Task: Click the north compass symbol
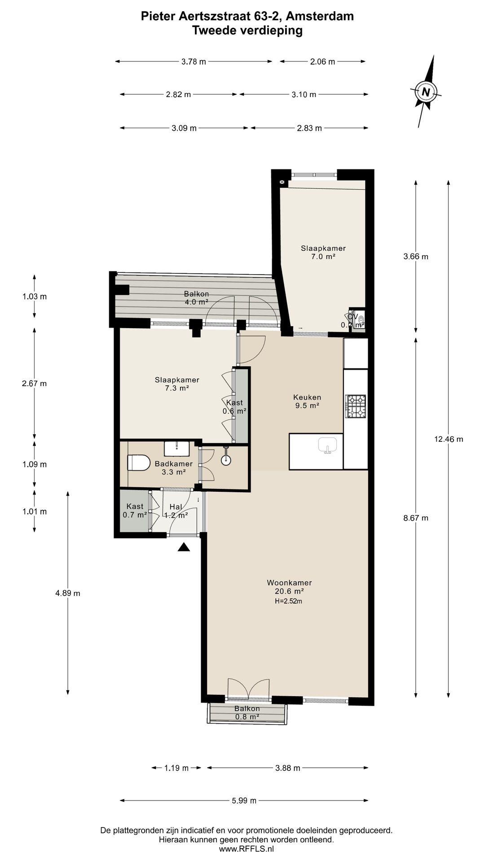(426, 92)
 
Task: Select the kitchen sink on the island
(328, 445)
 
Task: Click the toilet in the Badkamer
(139, 463)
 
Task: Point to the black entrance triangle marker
(184, 547)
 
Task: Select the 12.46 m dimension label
(448, 439)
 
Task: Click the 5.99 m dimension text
(244, 800)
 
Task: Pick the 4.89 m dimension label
(68, 593)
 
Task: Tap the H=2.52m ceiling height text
(289, 601)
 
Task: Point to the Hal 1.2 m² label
(176, 511)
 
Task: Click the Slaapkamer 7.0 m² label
(323, 252)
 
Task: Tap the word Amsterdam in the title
(320, 16)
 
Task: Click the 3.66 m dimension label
(416, 257)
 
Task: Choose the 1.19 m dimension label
(176, 768)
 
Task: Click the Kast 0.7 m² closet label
(135, 511)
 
